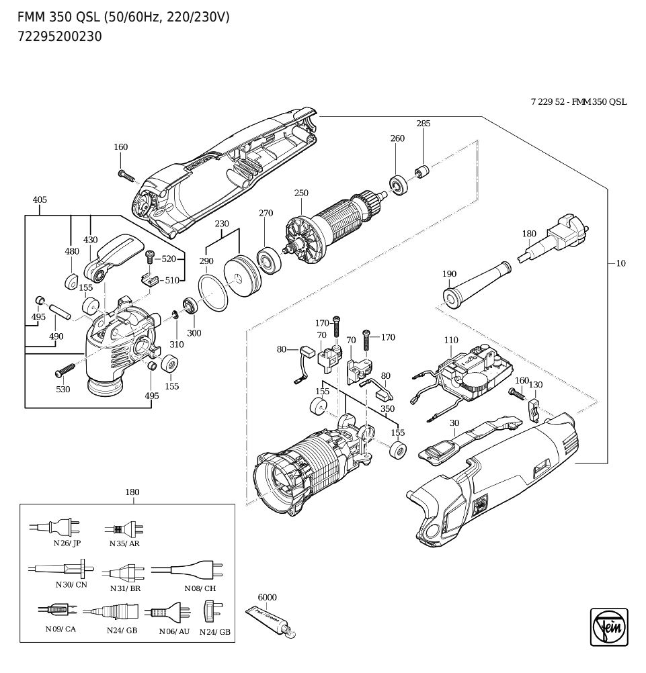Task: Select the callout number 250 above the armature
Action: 301,193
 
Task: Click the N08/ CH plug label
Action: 200,588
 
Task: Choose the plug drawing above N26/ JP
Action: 54,527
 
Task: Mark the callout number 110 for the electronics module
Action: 451,340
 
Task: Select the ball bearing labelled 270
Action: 270,259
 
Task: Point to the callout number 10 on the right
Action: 621,263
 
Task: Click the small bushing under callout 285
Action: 421,171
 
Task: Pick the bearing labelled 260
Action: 398,185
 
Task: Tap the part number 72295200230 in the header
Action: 60,37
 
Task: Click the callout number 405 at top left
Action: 40,199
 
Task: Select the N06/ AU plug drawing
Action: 167,611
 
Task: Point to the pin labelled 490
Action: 59,311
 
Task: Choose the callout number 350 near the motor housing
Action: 387,408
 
